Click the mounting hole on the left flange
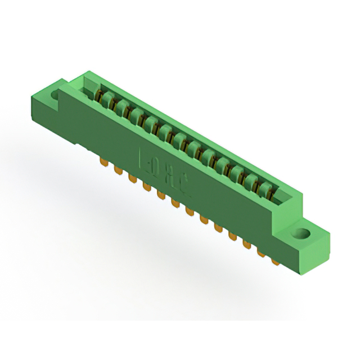(x=56, y=96)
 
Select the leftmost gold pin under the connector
(x=103, y=163)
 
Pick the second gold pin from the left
(x=118, y=170)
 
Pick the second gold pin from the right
(x=261, y=253)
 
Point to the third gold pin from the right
(x=246, y=245)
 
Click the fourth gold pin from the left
(x=146, y=186)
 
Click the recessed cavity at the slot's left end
(x=90, y=87)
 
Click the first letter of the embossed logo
(x=142, y=159)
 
